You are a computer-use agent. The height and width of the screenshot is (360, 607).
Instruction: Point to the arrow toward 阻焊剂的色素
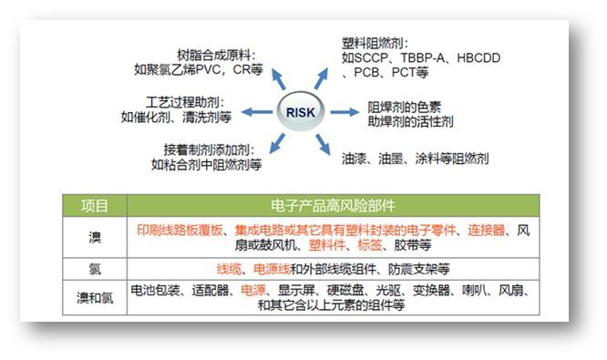coord(343,112)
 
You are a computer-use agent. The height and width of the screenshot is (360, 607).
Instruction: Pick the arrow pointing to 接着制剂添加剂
coord(267,144)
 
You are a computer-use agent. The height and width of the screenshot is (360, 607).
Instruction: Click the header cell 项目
coord(95,205)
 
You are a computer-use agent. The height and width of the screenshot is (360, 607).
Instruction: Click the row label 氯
coord(95,269)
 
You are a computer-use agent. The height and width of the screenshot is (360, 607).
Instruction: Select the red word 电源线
coord(270,269)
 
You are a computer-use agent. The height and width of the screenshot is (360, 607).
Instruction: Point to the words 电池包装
coord(157,290)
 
